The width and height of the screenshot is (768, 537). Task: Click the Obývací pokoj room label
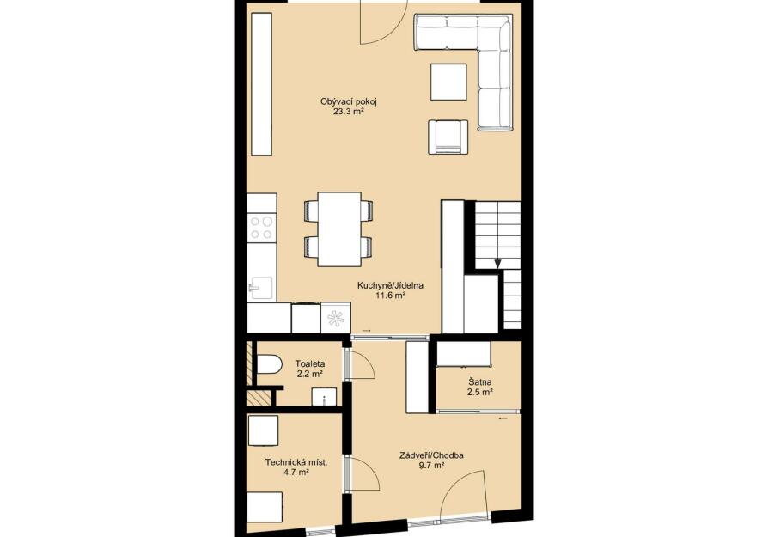point(348,102)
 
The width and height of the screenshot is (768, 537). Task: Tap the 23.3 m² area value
point(348,112)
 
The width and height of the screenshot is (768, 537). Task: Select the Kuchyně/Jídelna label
point(390,285)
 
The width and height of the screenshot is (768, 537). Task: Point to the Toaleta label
point(310,364)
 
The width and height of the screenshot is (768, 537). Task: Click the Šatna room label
point(480,381)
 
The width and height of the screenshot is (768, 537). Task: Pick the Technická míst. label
point(296,462)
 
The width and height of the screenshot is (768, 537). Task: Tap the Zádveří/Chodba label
point(431,455)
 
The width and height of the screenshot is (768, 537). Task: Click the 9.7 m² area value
point(431,466)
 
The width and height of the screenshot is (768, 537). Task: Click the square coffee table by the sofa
point(448,82)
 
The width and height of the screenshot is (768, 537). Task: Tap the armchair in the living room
point(448,137)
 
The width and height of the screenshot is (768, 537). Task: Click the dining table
point(339,229)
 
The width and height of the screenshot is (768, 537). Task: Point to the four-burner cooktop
point(261,228)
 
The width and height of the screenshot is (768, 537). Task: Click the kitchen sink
point(260,288)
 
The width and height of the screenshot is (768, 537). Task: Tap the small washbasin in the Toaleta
point(324,396)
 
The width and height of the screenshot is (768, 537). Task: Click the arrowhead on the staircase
point(497,264)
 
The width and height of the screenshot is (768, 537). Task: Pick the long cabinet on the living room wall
point(261,84)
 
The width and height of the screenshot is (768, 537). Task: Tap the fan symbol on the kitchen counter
point(336,319)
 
